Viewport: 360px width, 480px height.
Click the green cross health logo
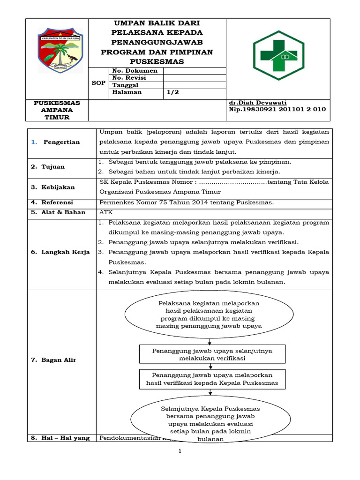tap(281, 55)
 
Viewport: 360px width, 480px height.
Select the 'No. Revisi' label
tap(129, 78)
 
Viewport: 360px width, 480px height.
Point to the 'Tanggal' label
tap(125, 85)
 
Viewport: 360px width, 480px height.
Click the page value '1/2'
tap(172, 92)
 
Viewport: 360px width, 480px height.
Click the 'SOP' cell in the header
tap(98, 82)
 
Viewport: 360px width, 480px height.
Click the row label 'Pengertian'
tap(61, 142)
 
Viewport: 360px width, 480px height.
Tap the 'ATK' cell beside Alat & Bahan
tap(106, 212)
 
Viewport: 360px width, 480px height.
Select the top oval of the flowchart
tap(209, 315)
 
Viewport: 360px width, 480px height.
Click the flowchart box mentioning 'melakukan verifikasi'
tap(212, 354)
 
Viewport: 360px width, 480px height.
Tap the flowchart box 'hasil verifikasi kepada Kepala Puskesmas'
tap(212, 379)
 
